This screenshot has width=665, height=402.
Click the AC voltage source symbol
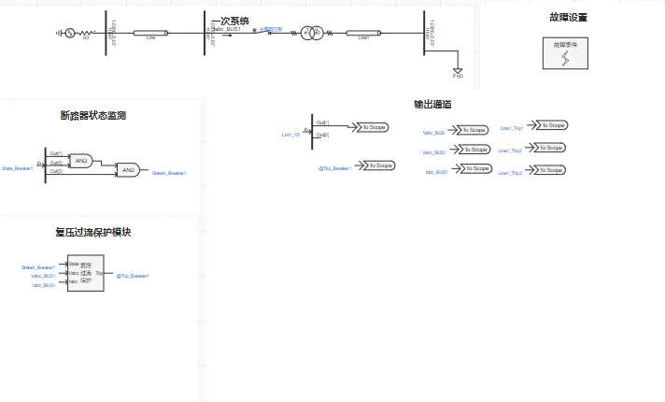click(68, 34)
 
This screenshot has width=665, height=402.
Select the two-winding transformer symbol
click(312, 35)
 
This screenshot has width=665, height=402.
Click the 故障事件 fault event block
click(565, 52)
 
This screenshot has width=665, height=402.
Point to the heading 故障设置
click(568, 17)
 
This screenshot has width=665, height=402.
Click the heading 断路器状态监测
click(93, 116)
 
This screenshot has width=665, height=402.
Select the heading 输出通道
click(433, 104)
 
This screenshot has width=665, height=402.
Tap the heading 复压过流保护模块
click(92, 232)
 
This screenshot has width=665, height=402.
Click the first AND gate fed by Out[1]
click(82, 160)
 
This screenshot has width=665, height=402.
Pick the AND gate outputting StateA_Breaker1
click(128, 170)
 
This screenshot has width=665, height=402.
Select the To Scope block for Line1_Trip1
click(553, 125)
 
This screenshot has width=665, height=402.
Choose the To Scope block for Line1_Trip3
click(552, 170)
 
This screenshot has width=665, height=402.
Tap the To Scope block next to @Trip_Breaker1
click(379, 165)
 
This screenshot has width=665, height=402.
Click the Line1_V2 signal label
click(290, 135)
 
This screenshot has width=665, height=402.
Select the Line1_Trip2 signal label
click(510, 150)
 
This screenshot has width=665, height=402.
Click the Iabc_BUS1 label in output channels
click(436, 172)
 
